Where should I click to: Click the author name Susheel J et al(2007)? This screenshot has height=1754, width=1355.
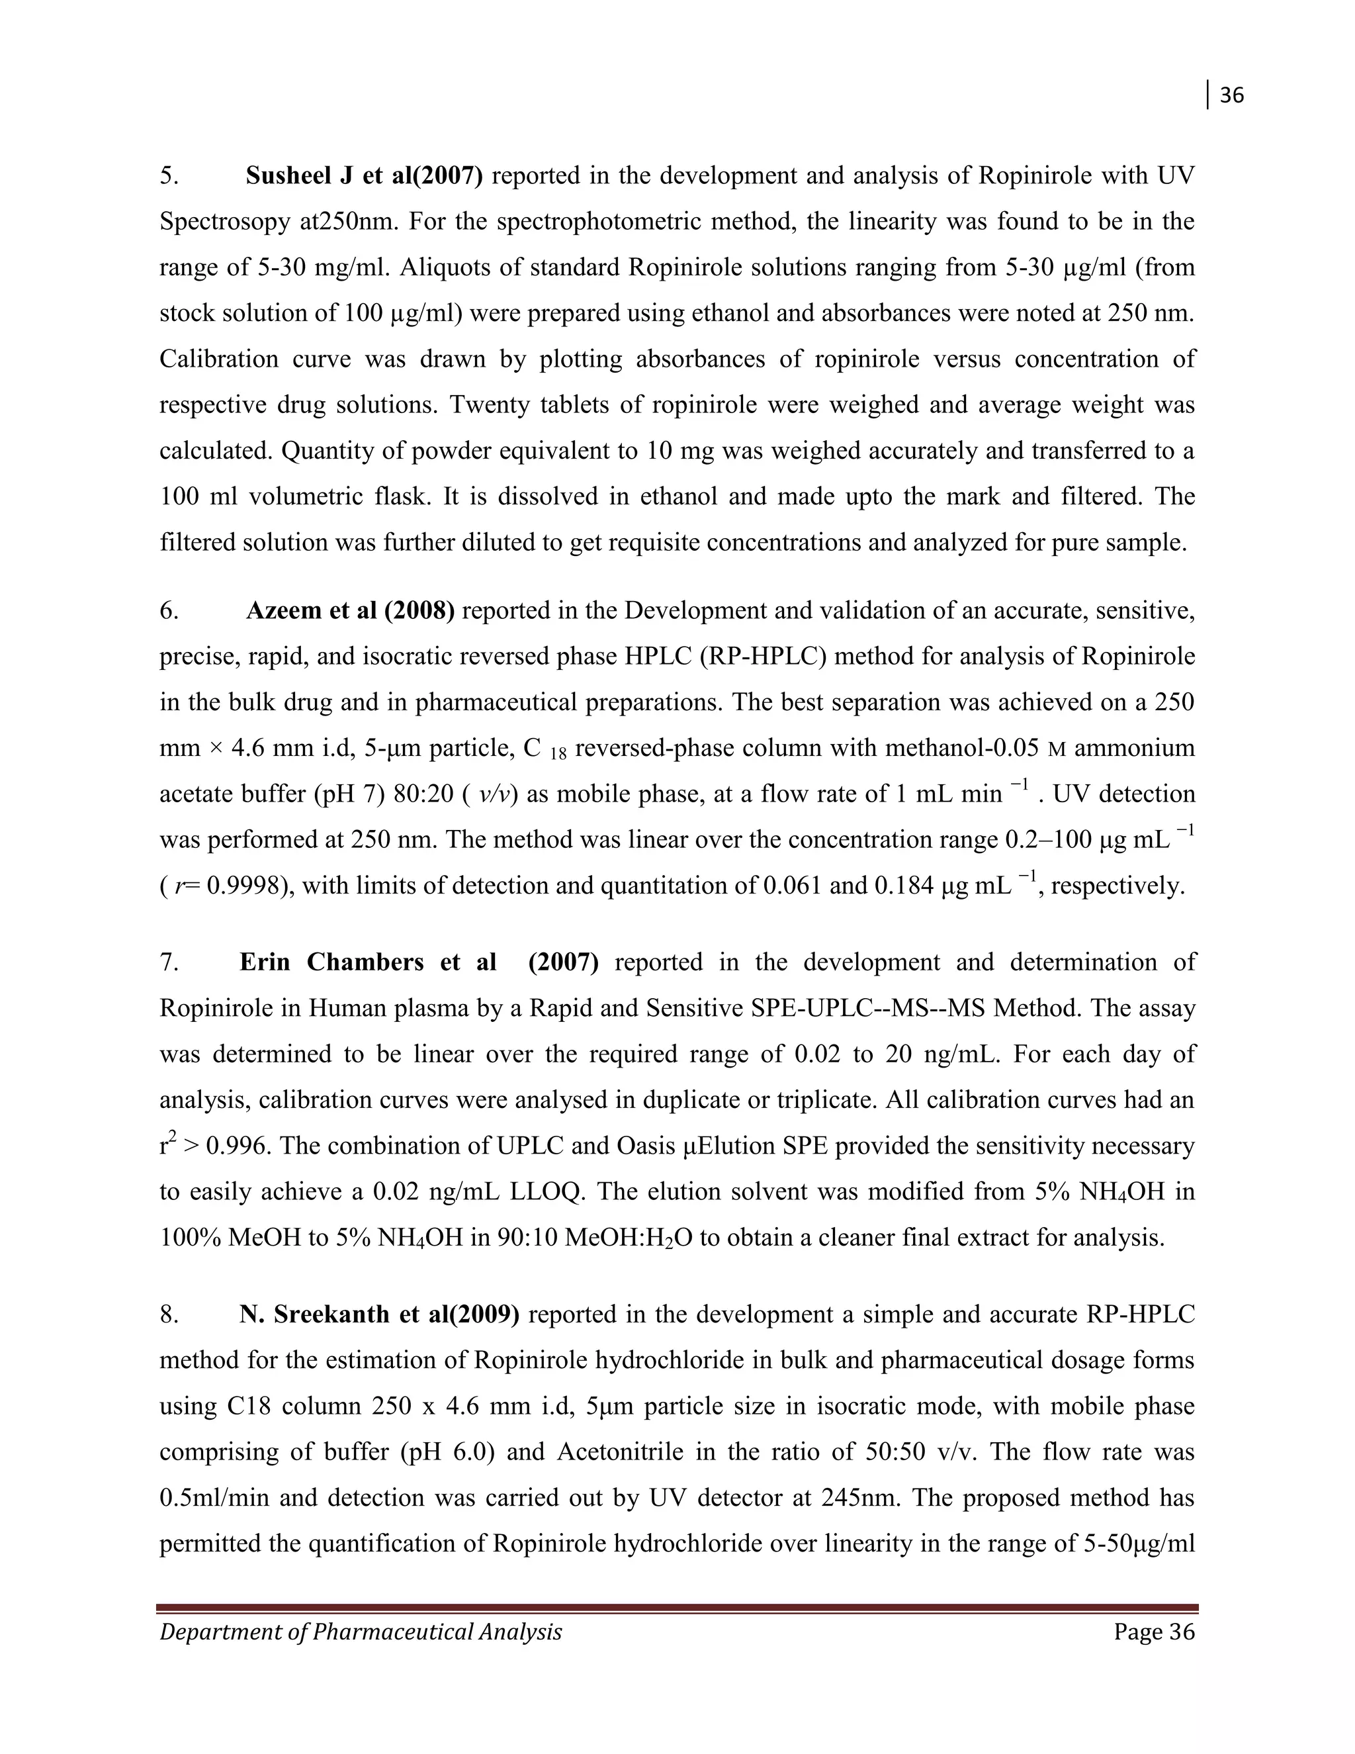[x=364, y=176]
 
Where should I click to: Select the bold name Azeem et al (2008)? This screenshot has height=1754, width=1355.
[x=350, y=611]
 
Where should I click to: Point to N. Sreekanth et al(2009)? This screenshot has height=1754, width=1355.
[x=379, y=1315]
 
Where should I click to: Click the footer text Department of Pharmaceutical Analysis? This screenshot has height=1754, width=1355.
[x=361, y=1632]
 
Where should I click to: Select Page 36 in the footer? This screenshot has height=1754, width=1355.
[x=1155, y=1632]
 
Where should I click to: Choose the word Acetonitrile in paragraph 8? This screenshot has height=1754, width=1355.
[x=621, y=1452]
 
